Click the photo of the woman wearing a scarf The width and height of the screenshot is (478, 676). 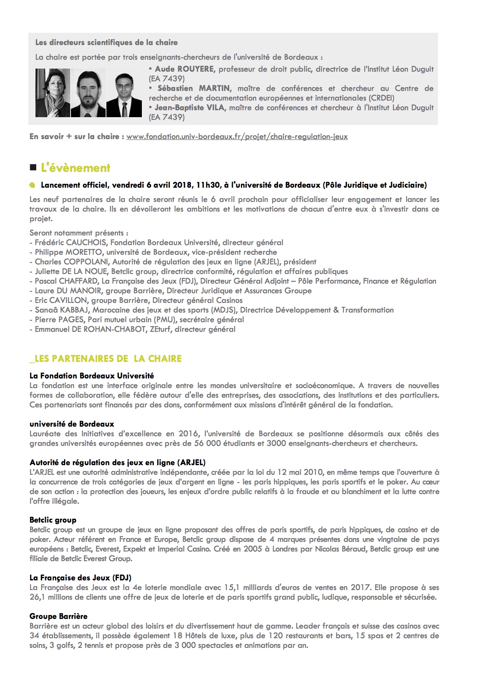52,93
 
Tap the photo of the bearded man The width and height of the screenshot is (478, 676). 88,93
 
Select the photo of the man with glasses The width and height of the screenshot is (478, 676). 124,95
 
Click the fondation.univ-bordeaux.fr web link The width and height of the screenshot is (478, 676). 237,136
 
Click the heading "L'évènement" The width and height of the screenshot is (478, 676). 76,168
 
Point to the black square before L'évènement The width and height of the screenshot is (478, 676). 33,168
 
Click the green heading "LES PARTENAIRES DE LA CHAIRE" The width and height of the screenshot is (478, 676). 105,359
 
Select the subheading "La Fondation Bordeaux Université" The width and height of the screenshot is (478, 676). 92,376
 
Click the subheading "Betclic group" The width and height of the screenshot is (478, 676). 53,520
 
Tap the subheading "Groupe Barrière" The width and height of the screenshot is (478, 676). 59,616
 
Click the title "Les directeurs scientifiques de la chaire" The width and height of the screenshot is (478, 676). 106,43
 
